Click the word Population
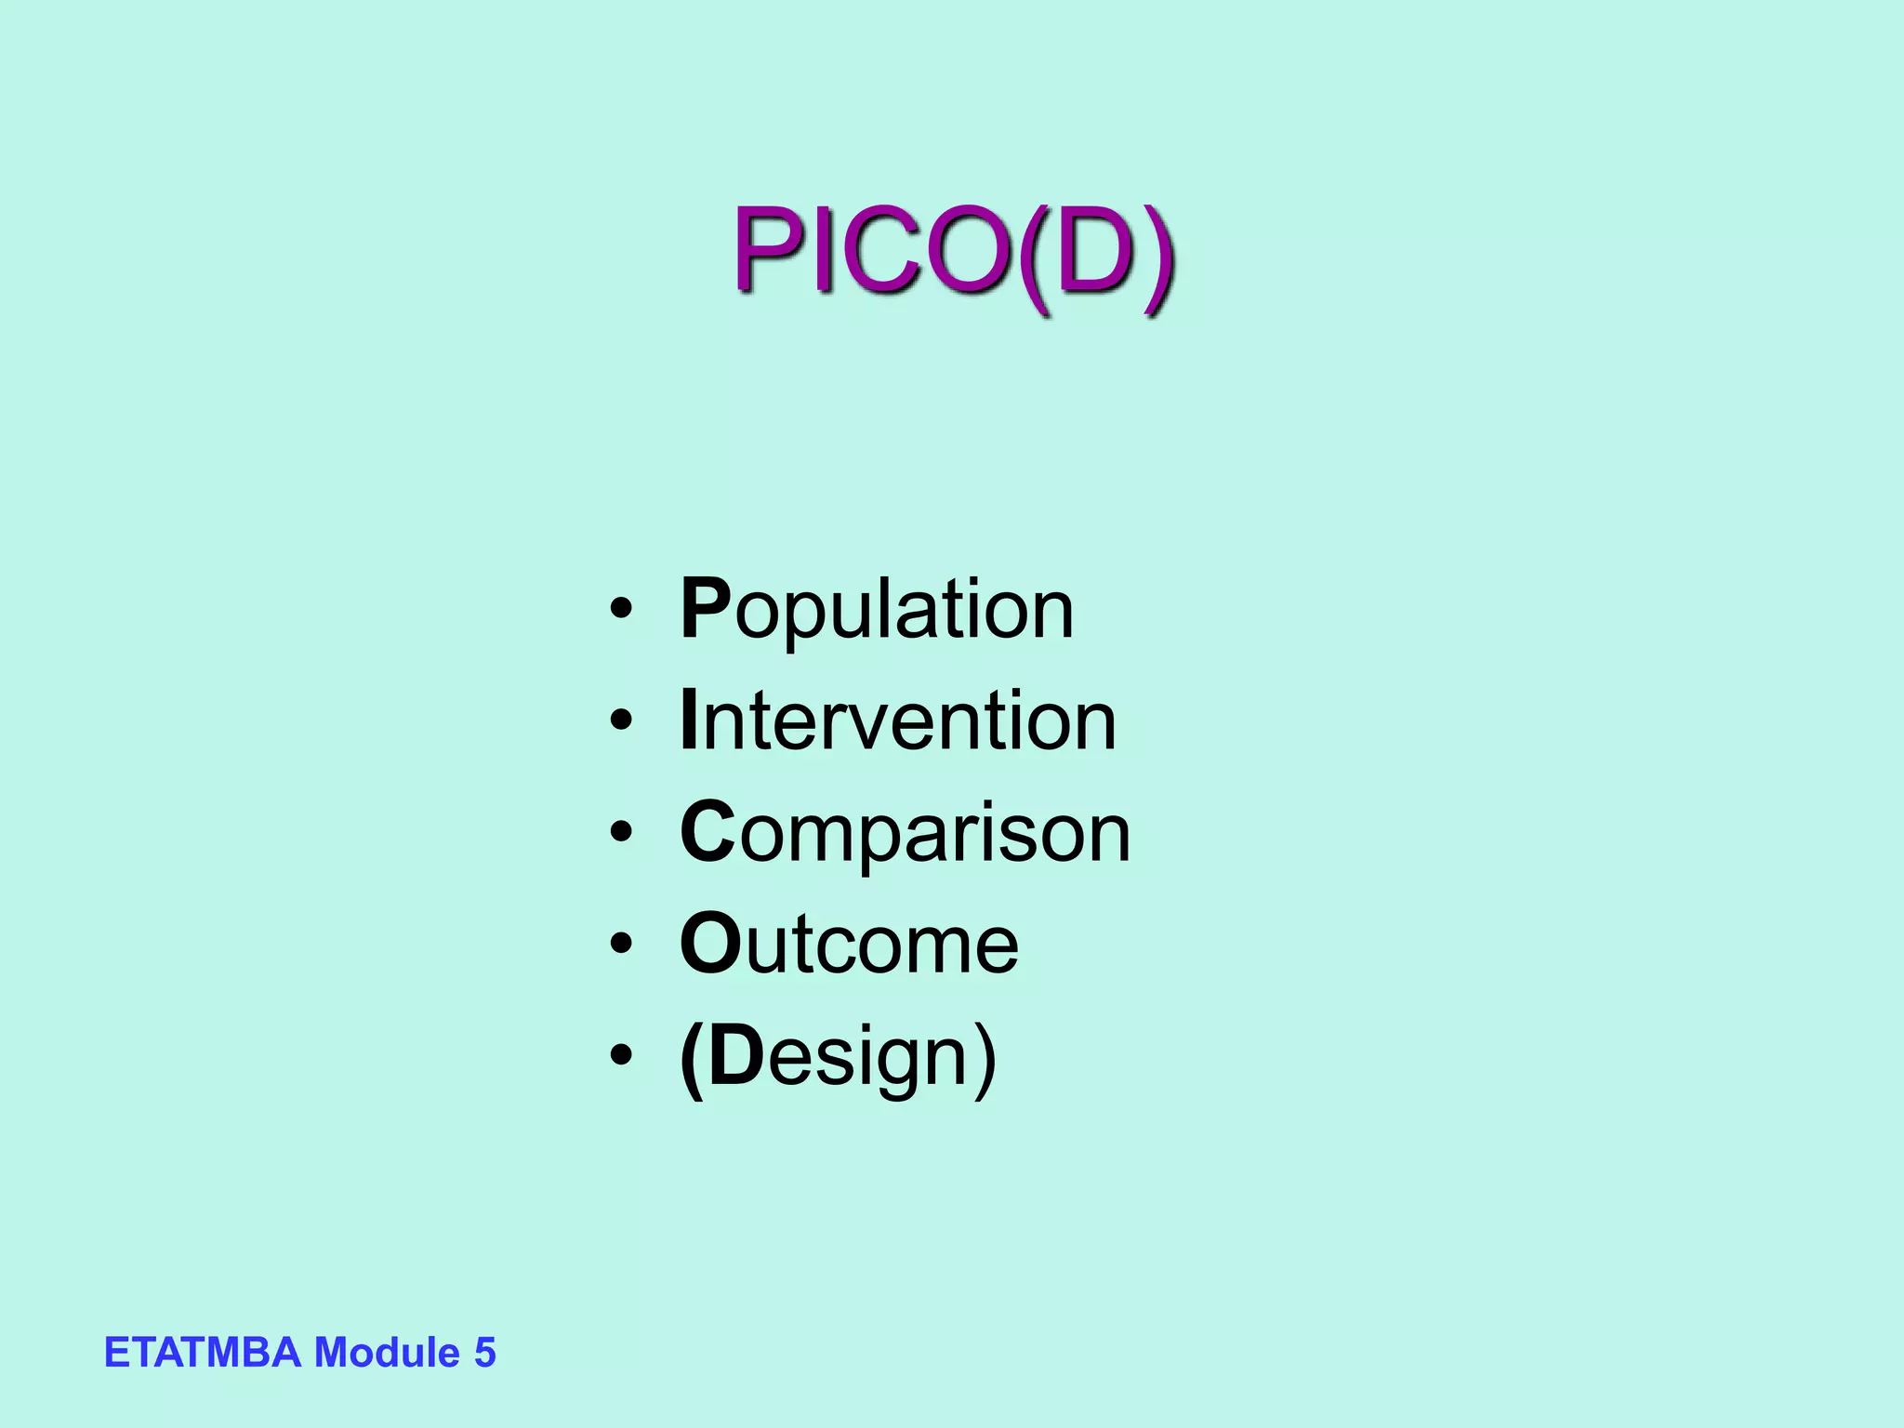pos(877,610)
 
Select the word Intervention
pos(898,721)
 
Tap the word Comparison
pos(905,833)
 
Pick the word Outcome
pos(849,945)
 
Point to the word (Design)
pos(838,1058)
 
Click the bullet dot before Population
pos(621,610)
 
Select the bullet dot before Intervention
pos(621,721)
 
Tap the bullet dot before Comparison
pos(621,833)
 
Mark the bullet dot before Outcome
pos(621,945)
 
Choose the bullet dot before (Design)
pos(621,1056)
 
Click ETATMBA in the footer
pos(202,1353)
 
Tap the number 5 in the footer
pos(484,1353)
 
